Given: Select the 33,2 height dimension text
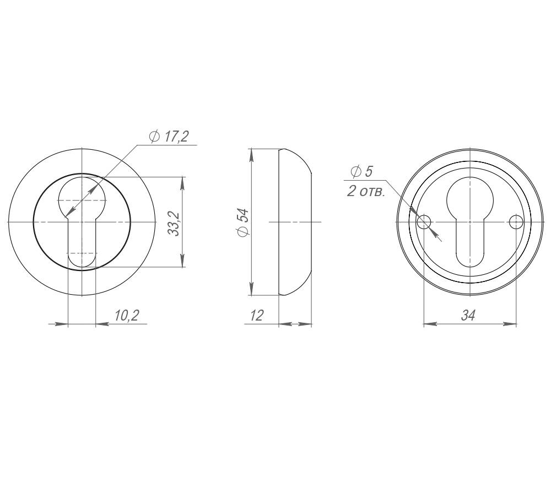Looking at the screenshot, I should tap(174, 223).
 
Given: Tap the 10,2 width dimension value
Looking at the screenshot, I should tap(126, 315).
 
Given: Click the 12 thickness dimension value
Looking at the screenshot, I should tap(257, 315).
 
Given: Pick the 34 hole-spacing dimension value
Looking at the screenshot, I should tap(468, 315).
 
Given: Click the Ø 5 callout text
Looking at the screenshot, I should tap(361, 172).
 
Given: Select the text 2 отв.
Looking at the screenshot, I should tap(366, 193).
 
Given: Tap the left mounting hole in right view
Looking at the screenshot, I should tap(424, 222).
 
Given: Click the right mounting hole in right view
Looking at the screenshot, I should tap(516, 222).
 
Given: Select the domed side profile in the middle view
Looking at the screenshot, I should tap(295, 222).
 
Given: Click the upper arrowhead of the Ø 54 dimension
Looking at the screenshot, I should tap(252, 155).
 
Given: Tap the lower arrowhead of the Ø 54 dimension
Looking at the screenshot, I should tap(252, 289).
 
